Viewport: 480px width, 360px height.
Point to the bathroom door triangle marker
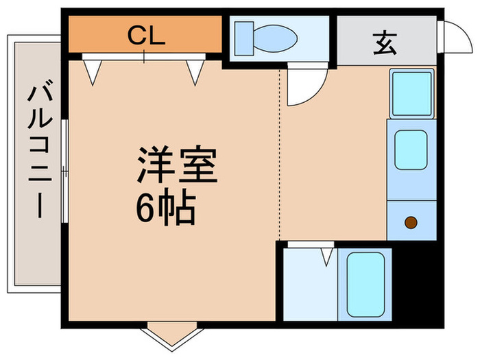pos(326,256)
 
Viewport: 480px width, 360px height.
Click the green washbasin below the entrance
pos(411,93)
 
